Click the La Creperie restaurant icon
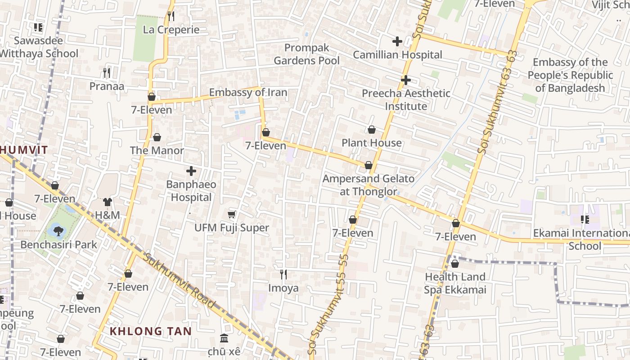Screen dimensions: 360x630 pos(171,17)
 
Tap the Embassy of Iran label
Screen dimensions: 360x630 pos(248,93)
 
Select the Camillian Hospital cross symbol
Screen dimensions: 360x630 pos(397,41)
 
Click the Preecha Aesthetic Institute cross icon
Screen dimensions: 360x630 pos(405,80)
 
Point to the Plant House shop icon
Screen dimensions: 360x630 pos(372,130)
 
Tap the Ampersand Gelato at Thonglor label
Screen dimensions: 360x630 pos(368,185)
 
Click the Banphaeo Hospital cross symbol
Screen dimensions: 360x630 pos(191,171)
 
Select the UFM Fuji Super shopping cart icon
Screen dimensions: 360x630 pos(232,215)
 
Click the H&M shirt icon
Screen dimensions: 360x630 pos(107,202)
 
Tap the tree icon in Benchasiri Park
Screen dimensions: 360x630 pos(58,231)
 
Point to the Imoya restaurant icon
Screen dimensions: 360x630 pos(283,274)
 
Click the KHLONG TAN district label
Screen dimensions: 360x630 pos(151,332)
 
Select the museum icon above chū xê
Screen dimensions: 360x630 pos(224,338)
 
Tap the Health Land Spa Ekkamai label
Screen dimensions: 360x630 pos(455,283)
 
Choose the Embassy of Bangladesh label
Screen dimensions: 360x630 pos(570,75)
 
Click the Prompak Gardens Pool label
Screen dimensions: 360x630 pos(306,54)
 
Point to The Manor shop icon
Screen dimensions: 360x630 pos(157,137)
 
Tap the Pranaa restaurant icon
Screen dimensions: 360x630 pos(107,72)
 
